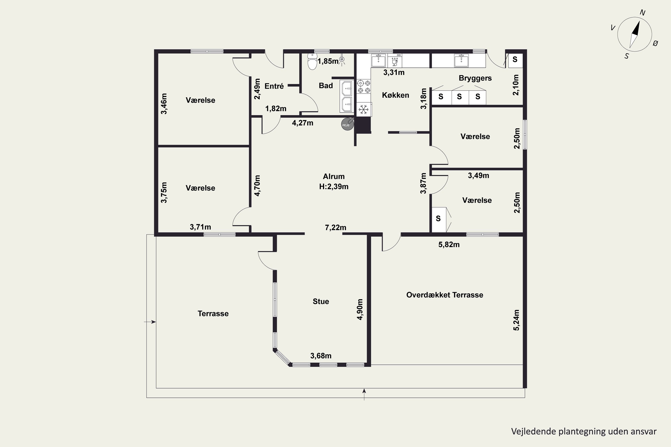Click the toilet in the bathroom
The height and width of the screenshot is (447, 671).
click(x=312, y=61)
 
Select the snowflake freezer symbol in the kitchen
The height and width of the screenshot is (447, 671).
click(x=363, y=110)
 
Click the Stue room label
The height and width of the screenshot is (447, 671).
click(x=321, y=301)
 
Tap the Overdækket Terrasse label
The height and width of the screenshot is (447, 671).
click(x=444, y=295)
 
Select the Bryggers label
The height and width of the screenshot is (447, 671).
click(x=475, y=78)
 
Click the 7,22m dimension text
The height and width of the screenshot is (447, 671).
click(x=335, y=228)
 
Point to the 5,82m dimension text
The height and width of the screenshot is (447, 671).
click(x=449, y=245)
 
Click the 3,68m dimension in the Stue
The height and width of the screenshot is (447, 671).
click(x=321, y=356)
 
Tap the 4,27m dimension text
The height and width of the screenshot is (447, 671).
click(x=302, y=123)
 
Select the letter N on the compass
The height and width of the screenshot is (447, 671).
click(x=642, y=13)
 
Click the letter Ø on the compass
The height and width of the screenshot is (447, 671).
click(x=655, y=43)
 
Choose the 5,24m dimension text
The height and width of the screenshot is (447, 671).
click(x=516, y=320)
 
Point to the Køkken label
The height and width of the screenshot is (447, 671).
click(x=395, y=95)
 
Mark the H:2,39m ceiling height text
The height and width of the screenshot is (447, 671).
click(x=333, y=187)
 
